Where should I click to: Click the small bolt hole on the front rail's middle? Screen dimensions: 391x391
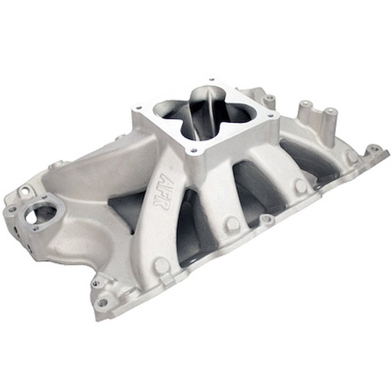266,221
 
